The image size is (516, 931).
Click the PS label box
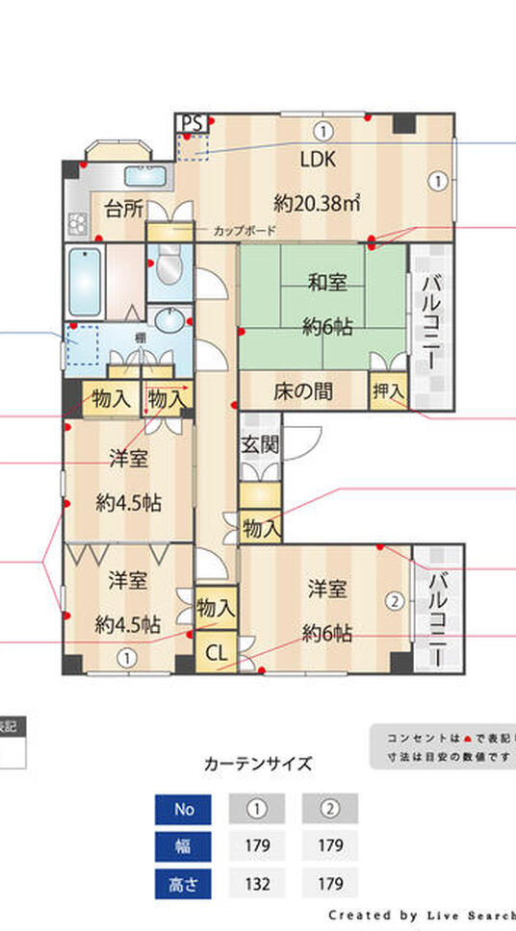point(191,123)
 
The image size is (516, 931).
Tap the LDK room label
point(318,160)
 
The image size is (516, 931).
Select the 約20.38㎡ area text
point(318,203)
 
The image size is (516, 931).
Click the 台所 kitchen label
point(124,209)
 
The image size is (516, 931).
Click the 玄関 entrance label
point(258,444)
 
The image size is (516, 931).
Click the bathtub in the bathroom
point(86,282)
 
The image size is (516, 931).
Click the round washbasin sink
point(171,320)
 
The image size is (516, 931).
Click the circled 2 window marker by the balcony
point(394,602)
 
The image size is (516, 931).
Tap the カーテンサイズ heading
point(258,765)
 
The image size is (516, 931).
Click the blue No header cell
point(183,809)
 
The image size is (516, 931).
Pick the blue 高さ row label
point(183,882)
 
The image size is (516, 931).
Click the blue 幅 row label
point(183,845)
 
